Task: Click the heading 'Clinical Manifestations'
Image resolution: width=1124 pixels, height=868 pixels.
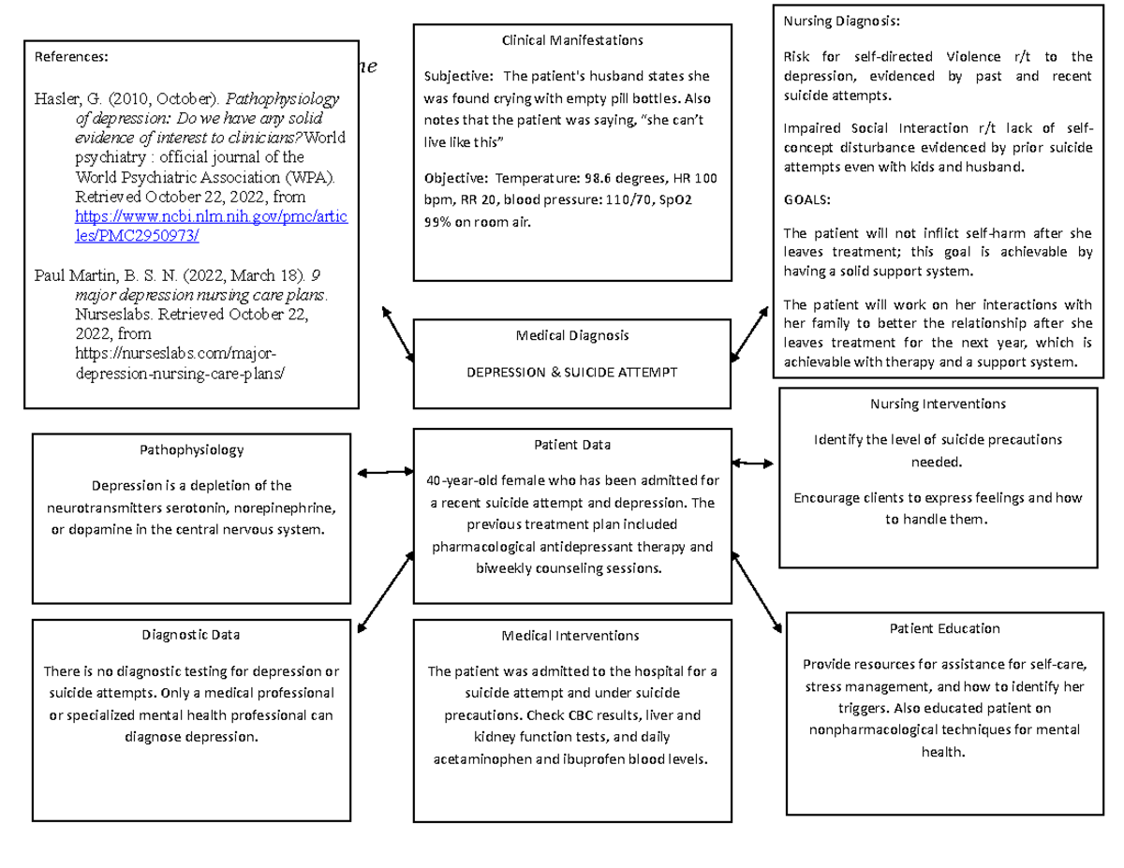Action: (x=571, y=40)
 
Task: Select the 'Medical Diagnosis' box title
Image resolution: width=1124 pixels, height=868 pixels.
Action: (x=571, y=335)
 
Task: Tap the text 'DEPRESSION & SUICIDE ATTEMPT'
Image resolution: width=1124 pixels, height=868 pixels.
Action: (x=571, y=372)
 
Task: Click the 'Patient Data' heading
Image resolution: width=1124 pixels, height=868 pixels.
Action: (x=571, y=445)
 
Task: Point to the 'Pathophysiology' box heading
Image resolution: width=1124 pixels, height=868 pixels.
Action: (x=191, y=449)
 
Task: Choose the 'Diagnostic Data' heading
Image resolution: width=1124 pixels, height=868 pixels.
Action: (x=191, y=634)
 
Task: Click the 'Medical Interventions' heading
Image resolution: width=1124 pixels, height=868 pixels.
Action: (x=571, y=635)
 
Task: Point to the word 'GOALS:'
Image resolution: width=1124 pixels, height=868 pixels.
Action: (x=806, y=199)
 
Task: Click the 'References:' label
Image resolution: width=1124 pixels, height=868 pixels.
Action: (x=71, y=56)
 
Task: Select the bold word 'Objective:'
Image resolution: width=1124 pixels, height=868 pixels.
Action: (x=455, y=178)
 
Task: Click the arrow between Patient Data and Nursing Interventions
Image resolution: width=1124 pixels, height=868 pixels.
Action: (x=753, y=463)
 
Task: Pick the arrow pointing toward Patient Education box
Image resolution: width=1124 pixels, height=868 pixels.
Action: (x=757, y=593)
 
